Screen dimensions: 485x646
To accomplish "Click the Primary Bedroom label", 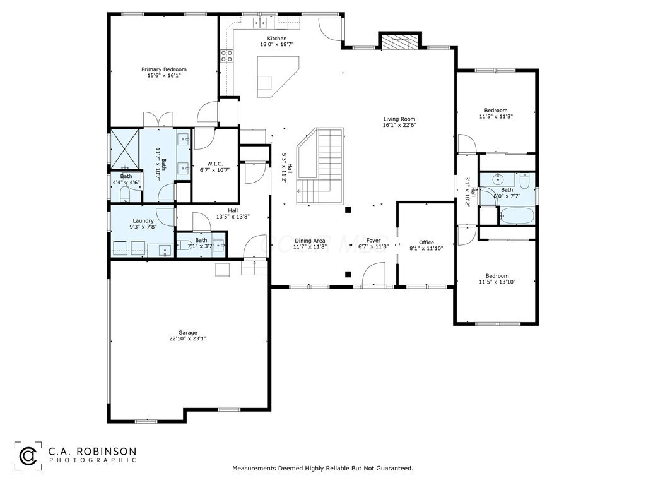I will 163,69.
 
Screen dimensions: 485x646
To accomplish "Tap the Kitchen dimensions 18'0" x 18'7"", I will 277,45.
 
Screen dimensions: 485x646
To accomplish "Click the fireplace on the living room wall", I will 399,42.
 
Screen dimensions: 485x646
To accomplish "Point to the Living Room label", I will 399,118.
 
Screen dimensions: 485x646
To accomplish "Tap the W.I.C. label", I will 215,164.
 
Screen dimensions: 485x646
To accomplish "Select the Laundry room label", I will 143,220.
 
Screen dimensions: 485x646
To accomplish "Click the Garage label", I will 187,332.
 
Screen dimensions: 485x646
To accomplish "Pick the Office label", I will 426,242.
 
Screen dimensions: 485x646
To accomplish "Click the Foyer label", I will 373,240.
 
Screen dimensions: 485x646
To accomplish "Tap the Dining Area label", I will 310,240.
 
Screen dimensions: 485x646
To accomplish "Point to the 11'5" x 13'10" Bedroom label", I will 497,275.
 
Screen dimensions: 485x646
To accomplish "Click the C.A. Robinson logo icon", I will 28,454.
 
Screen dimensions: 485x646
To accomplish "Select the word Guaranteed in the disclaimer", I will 394,469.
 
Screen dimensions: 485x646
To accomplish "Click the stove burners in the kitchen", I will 226,56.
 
